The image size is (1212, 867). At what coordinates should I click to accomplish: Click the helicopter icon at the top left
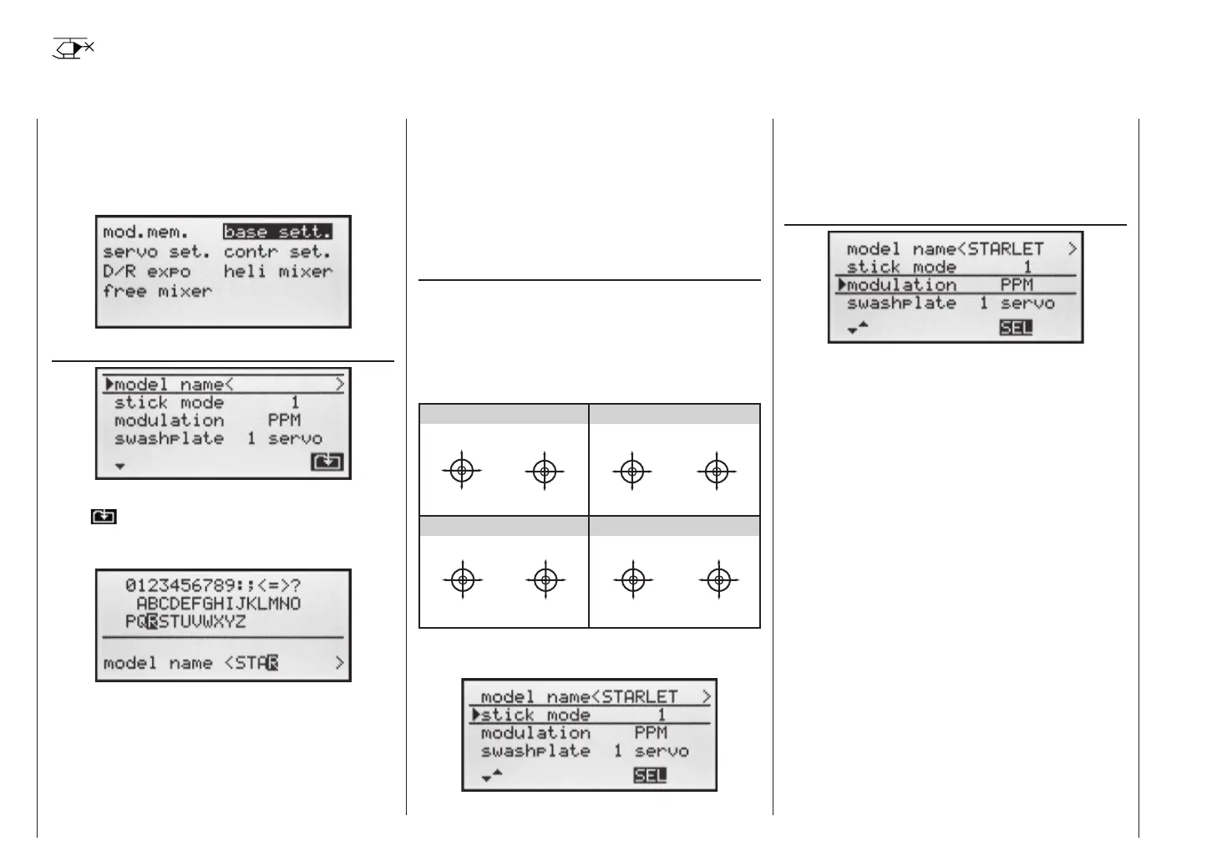click(x=73, y=48)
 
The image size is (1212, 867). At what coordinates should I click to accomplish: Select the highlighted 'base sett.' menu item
click(x=277, y=232)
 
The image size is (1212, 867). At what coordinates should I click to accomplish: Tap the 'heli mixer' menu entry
click(x=277, y=272)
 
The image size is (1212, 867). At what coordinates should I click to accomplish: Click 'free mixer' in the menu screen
click(x=157, y=292)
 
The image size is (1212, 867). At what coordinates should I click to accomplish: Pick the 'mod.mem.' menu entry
click(x=146, y=232)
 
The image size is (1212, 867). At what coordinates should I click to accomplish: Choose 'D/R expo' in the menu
click(x=146, y=272)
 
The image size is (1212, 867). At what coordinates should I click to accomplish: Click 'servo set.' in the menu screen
click(x=157, y=252)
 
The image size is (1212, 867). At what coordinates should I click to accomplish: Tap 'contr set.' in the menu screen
click(x=277, y=252)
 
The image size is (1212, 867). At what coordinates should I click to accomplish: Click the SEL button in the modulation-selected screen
click(x=1016, y=328)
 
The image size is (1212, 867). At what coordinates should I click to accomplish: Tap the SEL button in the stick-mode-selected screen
click(x=650, y=776)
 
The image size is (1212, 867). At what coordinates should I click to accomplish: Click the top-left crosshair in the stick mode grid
click(x=462, y=472)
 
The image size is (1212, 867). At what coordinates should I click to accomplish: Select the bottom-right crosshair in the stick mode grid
click(x=718, y=579)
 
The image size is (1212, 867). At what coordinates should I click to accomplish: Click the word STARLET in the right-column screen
click(x=1006, y=249)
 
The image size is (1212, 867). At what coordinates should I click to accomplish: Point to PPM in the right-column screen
click(x=1017, y=285)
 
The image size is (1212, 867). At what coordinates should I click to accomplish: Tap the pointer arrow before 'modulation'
click(x=842, y=285)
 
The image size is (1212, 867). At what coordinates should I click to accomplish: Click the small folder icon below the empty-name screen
click(x=104, y=517)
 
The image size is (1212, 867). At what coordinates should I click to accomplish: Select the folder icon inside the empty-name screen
click(x=327, y=462)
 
